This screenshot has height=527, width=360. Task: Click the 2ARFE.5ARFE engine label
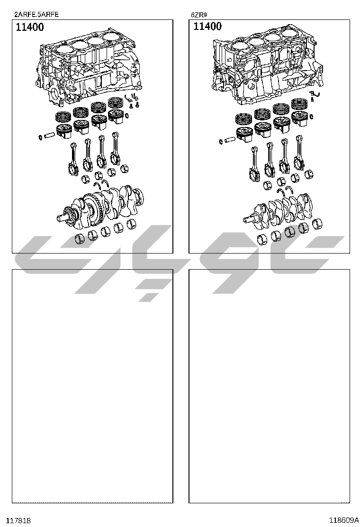[x=36, y=14]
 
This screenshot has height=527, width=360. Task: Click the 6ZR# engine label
[x=199, y=15]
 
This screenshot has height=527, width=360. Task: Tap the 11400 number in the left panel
[x=30, y=27]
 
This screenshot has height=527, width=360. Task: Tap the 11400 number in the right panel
[x=207, y=26]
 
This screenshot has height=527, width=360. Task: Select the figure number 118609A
[x=343, y=520]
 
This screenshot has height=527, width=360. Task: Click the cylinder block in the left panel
[x=88, y=67]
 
